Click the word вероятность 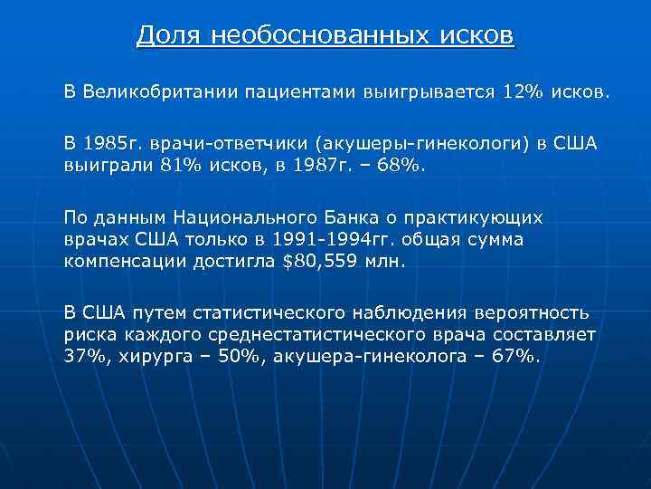coord(534,313)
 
